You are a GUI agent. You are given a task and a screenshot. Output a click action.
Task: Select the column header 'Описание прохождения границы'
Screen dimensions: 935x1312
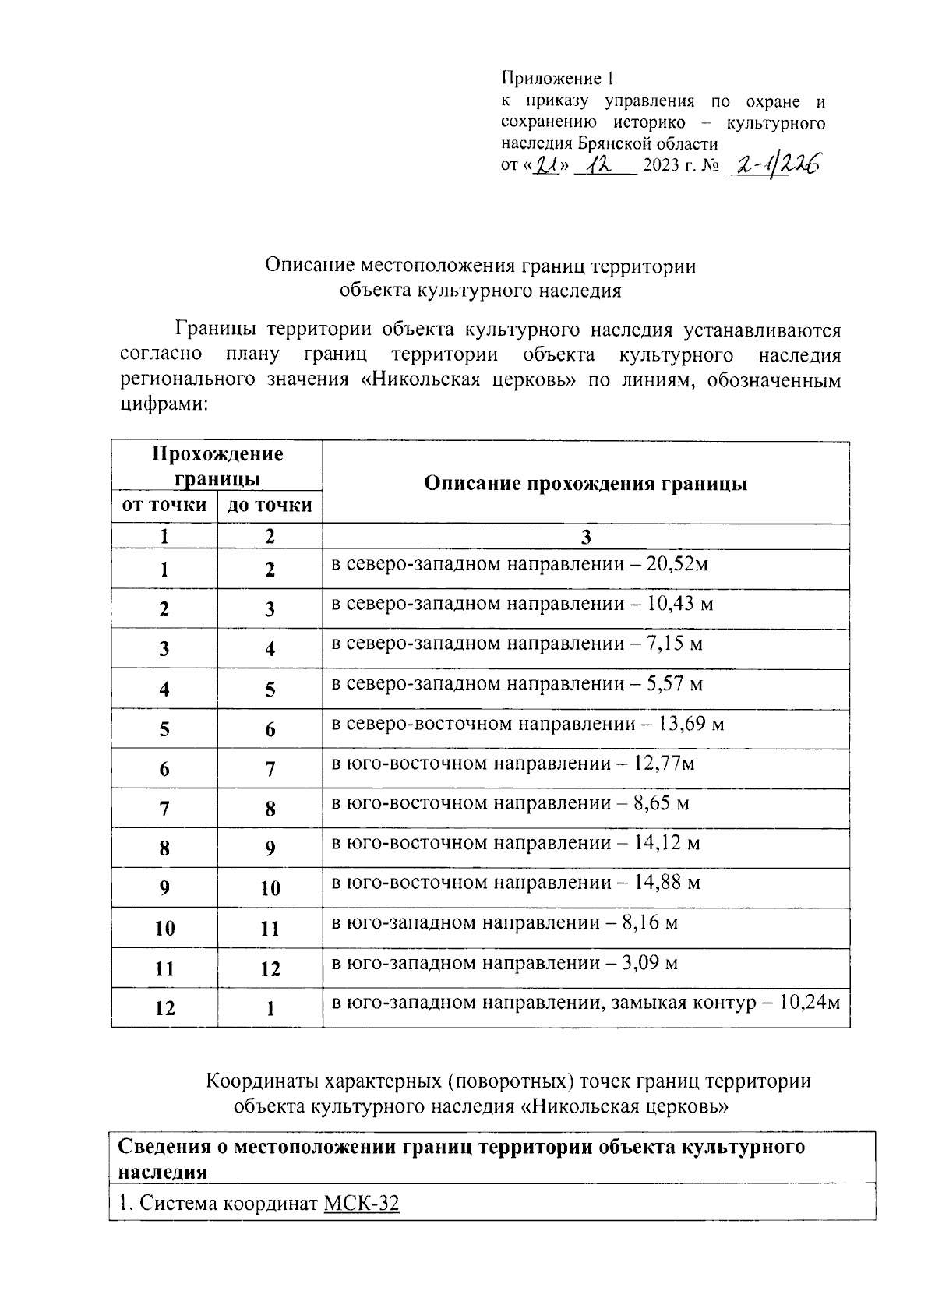(x=585, y=484)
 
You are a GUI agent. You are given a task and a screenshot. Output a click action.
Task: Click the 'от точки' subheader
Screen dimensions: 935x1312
(x=164, y=506)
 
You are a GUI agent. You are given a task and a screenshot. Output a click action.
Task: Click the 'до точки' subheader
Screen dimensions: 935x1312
(x=270, y=506)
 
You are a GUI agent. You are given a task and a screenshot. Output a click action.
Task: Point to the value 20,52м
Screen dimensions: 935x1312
(x=677, y=564)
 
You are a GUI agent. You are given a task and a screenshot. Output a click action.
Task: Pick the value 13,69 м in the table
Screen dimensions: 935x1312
(x=691, y=724)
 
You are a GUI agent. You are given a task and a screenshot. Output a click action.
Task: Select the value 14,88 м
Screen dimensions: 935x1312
(x=668, y=883)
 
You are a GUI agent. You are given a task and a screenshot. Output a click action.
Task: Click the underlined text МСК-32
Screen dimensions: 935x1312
(x=361, y=1204)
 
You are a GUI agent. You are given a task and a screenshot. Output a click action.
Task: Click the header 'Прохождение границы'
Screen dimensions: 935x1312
(x=217, y=465)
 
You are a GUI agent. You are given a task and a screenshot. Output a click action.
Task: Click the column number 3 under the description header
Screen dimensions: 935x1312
(x=585, y=537)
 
